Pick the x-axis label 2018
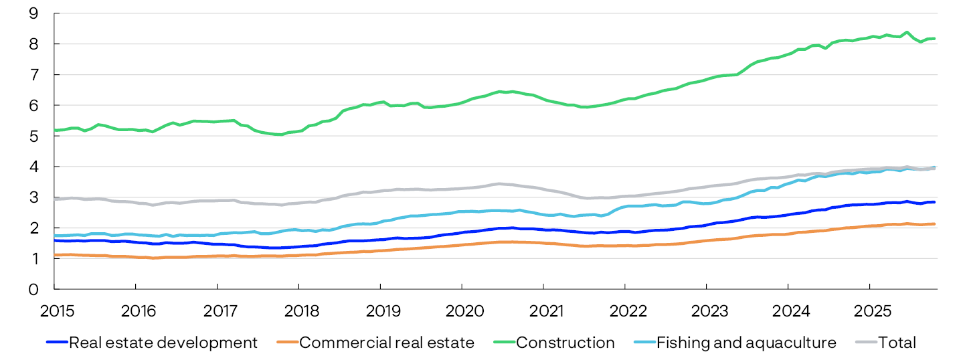point(298,311)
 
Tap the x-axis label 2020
point(462,311)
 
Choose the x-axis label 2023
point(706,311)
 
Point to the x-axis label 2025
point(869,311)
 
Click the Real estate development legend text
point(163,343)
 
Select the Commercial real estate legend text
point(387,343)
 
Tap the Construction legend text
point(565,343)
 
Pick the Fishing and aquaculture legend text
point(746,343)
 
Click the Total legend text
point(897,343)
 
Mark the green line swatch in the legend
point(505,343)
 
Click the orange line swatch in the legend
point(287,343)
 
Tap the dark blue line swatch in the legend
point(57,343)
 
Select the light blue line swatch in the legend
point(644,343)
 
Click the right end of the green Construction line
point(934,39)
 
